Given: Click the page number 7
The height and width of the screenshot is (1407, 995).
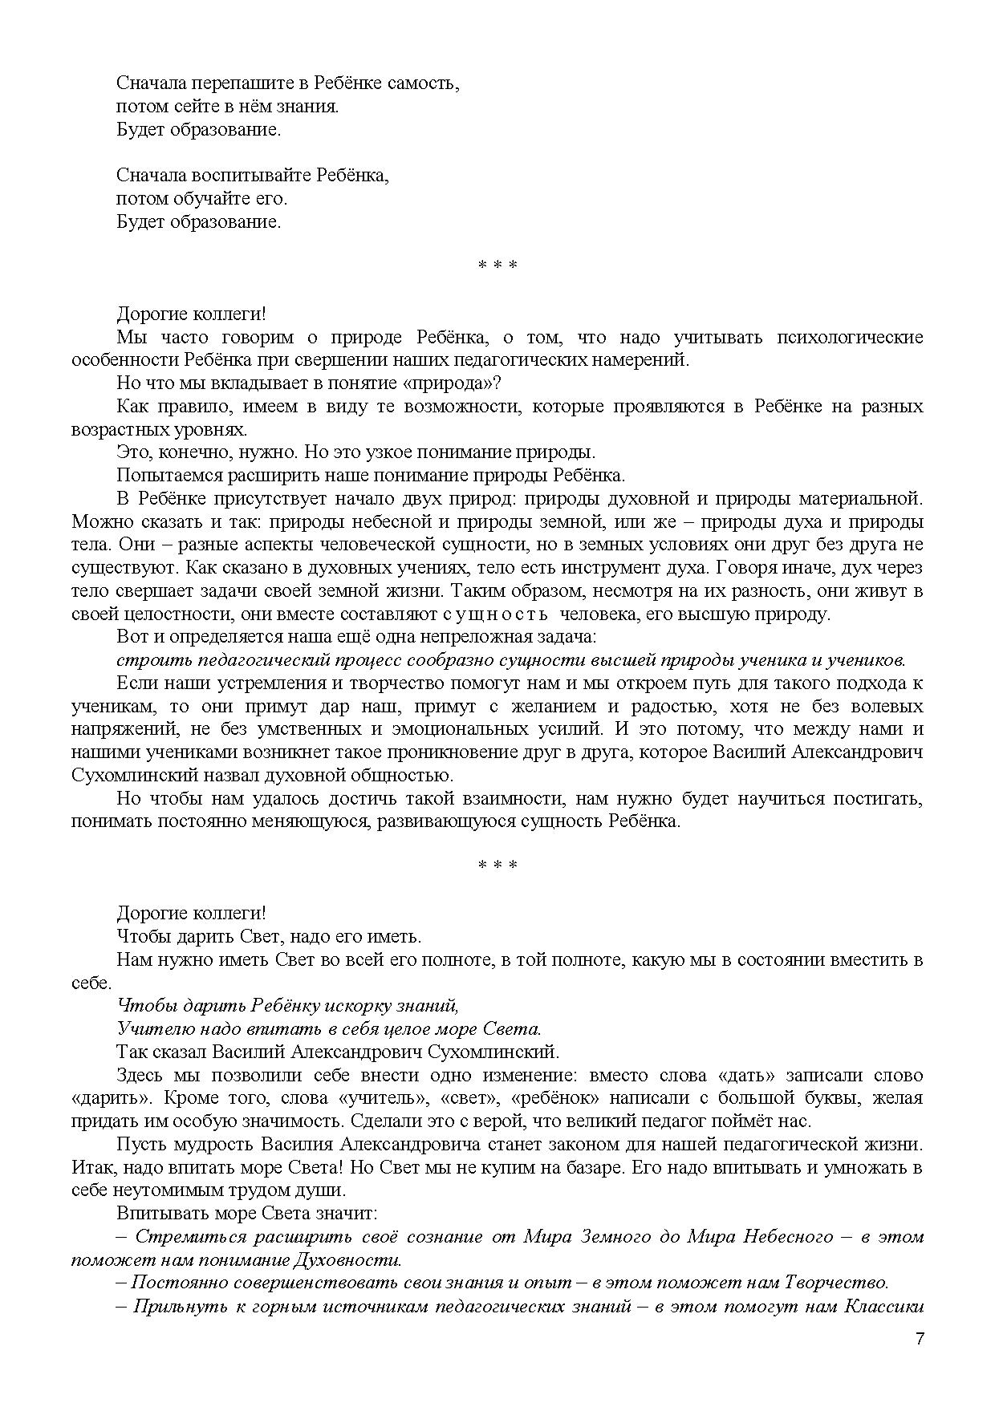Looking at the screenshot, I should [920, 1339].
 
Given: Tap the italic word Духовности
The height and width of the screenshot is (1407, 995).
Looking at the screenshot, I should [356, 1259].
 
